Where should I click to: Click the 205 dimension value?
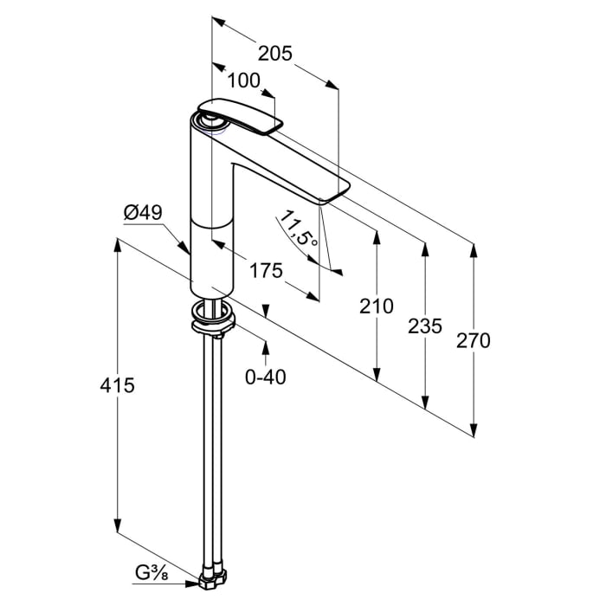click(275, 54)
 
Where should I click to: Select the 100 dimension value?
click(244, 81)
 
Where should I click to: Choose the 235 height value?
click(424, 326)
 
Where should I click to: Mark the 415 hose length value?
click(118, 384)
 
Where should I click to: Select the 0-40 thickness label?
click(266, 377)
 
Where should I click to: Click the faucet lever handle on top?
click(242, 116)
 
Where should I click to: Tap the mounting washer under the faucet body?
click(212, 320)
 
